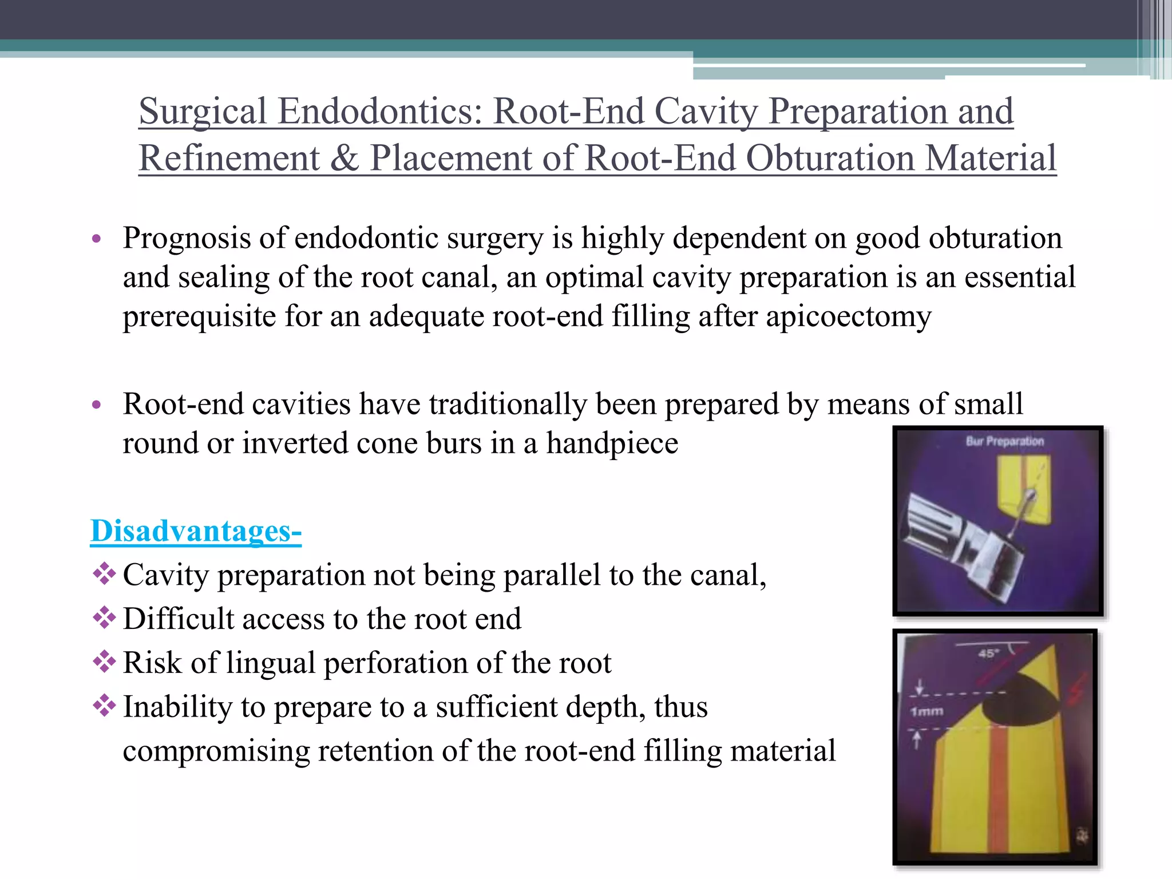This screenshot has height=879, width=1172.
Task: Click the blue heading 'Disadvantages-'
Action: tap(196, 531)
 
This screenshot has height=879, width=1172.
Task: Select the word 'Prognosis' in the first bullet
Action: tap(187, 238)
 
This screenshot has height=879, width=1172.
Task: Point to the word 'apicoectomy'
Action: tap(848, 316)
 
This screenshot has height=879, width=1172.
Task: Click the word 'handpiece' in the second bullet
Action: tap(612, 444)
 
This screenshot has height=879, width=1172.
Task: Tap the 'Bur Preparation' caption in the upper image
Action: tap(1004, 441)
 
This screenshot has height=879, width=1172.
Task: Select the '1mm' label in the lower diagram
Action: tap(926, 711)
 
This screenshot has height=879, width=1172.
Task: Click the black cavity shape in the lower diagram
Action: tap(1017, 699)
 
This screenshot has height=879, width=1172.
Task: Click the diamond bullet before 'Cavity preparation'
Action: tap(104, 574)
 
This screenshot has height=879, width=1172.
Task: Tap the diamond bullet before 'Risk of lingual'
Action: tap(104, 662)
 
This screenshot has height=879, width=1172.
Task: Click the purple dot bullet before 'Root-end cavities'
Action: tap(96, 405)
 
